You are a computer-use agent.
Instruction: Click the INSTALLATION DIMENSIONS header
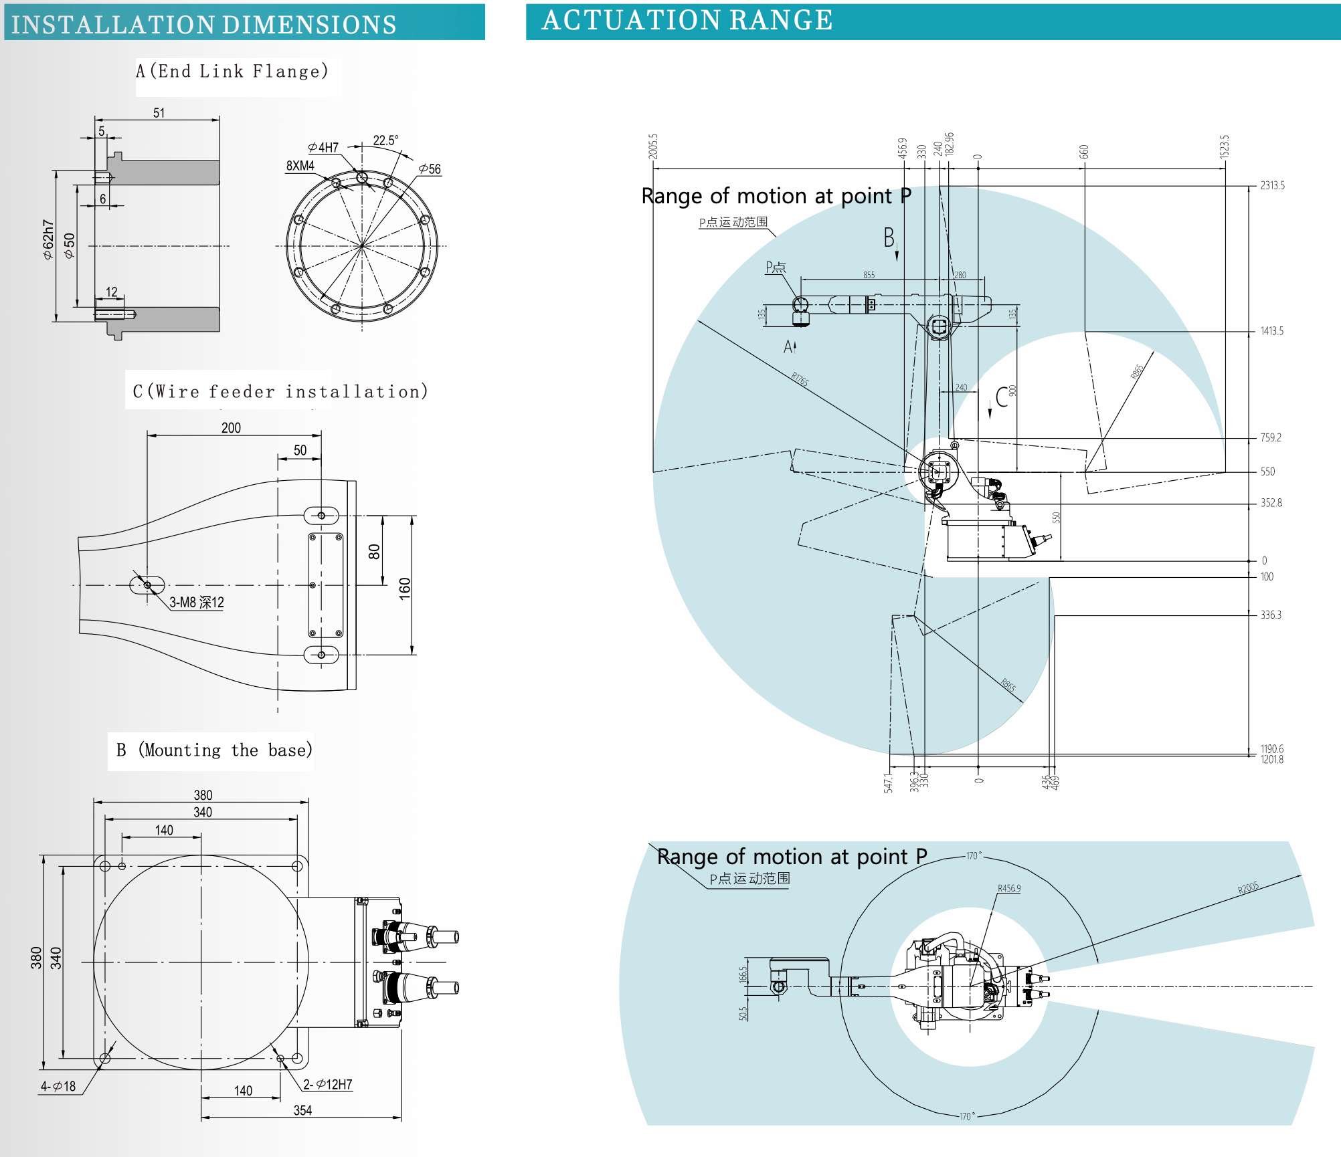click(x=203, y=25)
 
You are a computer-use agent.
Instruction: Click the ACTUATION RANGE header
click(x=687, y=21)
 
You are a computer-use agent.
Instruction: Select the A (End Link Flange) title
click(x=232, y=72)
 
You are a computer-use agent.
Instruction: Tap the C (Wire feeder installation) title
click(x=280, y=391)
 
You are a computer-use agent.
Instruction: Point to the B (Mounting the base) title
click(x=214, y=750)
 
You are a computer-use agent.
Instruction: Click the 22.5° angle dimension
click(x=385, y=140)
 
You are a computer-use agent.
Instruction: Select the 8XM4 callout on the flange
click(x=300, y=166)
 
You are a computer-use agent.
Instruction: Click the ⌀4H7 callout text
click(x=324, y=147)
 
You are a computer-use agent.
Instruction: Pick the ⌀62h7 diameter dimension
click(x=48, y=239)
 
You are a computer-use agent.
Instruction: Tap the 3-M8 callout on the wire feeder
click(x=196, y=603)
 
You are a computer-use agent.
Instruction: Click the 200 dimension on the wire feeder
click(x=231, y=428)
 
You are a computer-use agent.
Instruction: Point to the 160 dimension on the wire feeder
click(x=405, y=589)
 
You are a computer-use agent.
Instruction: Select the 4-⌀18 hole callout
click(x=58, y=1086)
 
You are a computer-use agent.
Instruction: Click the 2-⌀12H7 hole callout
click(x=327, y=1084)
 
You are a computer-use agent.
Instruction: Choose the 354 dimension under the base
click(x=302, y=1110)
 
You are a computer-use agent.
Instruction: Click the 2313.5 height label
click(x=1272, y=186)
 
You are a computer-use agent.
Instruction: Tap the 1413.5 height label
click(x=1271, y=331)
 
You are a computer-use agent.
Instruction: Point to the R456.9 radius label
click(x=1008, y=888)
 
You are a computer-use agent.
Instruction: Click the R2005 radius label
click(x=1248, y=887)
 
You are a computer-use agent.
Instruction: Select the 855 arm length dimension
click(x=869, y=275)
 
